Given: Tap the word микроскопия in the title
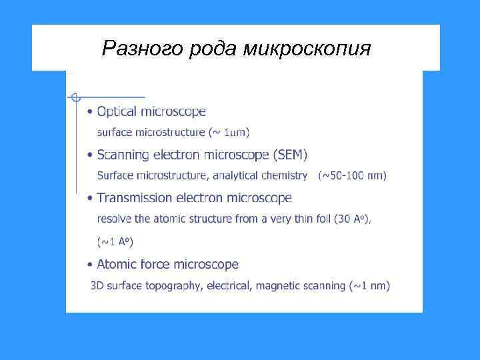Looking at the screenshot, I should click(307, 48).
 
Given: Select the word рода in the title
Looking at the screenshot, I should click(214, 48).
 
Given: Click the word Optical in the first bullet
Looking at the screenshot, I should click(117, 111).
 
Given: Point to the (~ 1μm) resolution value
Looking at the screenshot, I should click(229, 133).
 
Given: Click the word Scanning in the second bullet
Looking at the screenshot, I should click(122, 155).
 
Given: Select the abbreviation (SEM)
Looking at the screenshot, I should click(290, 155).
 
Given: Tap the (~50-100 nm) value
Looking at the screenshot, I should click(352, 176).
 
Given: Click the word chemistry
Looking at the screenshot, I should click(284, 176).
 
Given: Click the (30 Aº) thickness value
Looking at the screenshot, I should click(351, 219).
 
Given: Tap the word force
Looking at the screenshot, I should click(155, 264).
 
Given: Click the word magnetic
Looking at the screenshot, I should click(283, 286).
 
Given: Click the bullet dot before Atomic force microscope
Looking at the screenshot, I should click(90, 265).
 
